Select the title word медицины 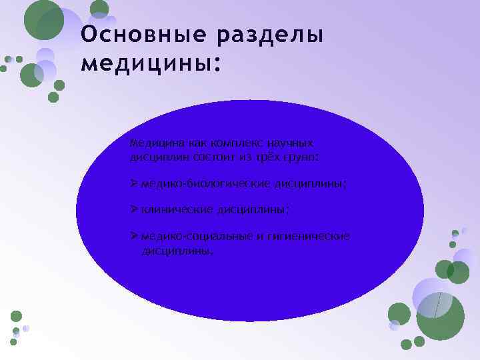148,65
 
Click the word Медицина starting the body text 154,143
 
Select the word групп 303,157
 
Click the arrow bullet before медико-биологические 134,183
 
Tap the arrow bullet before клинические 134,209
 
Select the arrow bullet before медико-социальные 134,237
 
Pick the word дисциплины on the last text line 177,251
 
